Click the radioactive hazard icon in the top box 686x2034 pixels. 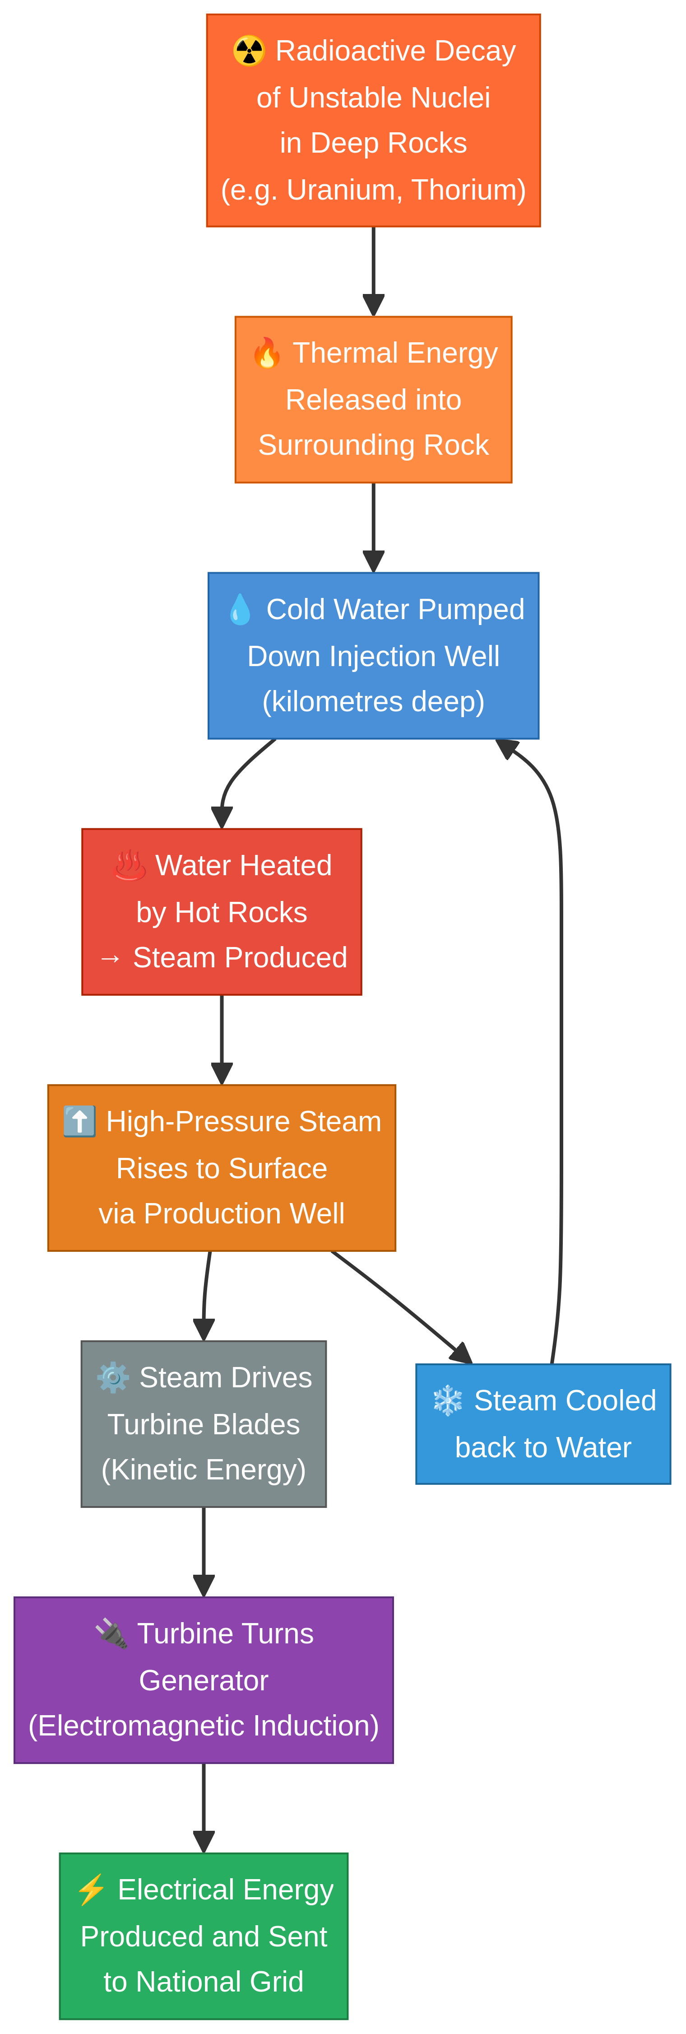pos(249,51)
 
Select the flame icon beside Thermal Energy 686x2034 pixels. pos(267,353)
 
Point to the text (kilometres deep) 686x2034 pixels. pos(373,702)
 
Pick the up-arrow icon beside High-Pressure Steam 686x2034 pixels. pos(80,1121)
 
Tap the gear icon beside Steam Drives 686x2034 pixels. pos(113,1378)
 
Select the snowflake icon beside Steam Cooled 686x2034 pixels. pos(448,1401)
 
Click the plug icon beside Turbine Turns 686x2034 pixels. pos(111,1634)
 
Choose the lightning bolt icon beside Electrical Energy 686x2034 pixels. pos(92,1889)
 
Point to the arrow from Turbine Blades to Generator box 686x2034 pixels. pos(204,1552)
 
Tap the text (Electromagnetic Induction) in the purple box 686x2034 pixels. pos(204,1726)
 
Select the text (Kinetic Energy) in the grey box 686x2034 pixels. pos(204,1470)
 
